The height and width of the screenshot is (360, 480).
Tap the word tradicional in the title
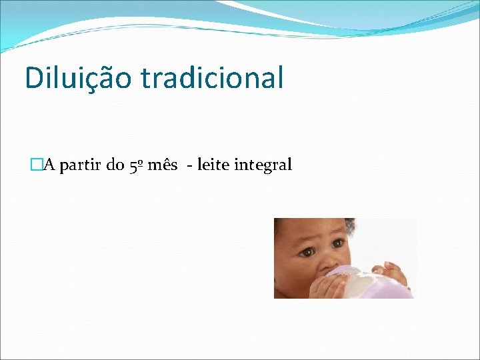point(212,77)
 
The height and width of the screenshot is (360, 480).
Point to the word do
point(115,165)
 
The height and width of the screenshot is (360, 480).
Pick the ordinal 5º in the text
point(135,165)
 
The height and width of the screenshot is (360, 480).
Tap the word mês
point(162,165)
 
